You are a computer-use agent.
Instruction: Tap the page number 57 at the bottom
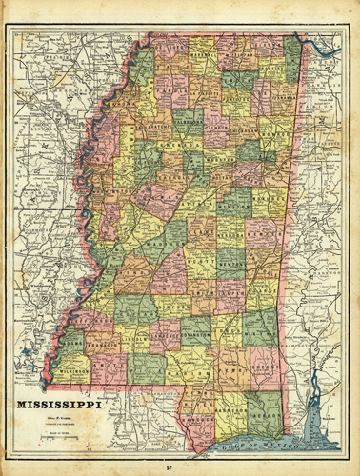(179, 466)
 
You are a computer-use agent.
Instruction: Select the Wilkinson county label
(67, 364)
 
